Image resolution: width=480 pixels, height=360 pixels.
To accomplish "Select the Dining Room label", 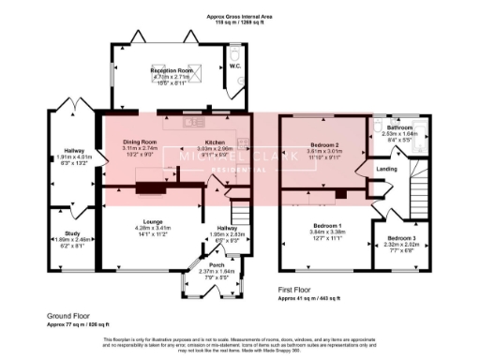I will click(x=139, y=142).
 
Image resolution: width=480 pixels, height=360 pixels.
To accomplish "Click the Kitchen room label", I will click(x=210, y=142).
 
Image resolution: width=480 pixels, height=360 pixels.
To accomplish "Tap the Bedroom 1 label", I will click(x=325, y=226).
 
